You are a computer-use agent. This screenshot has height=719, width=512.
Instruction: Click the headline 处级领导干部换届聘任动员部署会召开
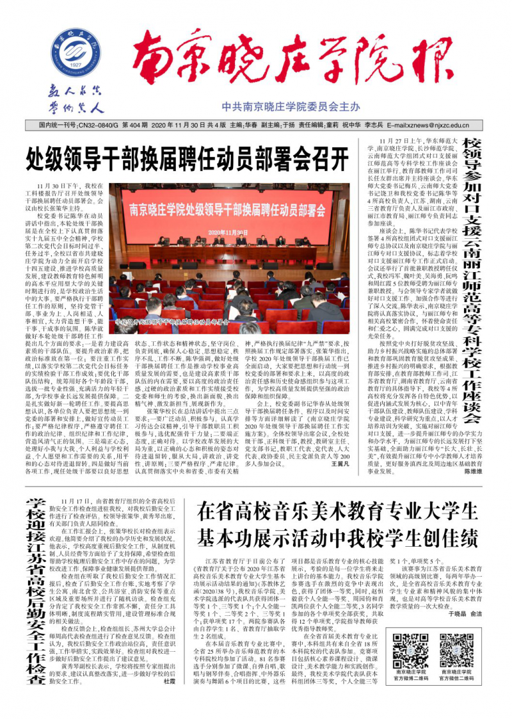(188, 156)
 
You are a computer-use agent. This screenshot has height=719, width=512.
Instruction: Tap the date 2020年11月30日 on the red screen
(228, 232)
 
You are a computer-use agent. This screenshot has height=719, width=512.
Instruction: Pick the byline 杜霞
(170, 699)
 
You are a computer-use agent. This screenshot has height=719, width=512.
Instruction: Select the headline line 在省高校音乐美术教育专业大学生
(337, 511)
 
